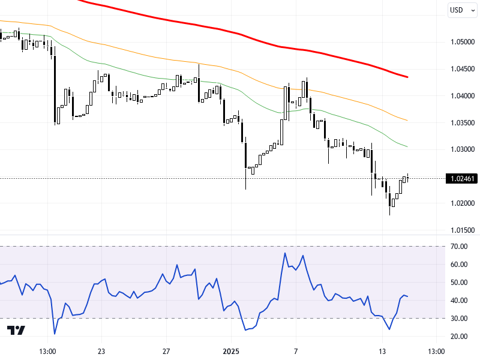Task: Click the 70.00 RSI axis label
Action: [460, 246]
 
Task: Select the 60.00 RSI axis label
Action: [460, 265]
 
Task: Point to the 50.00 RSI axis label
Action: [460, 283]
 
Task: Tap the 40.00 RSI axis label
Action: [460, 301]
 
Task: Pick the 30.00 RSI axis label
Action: [460, 319]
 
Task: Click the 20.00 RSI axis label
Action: [460, 337]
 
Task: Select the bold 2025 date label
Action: [230, 351]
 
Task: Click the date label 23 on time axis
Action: [101, 351]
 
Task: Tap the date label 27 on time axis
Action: [167, 351]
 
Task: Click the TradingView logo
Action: [16, 331]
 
